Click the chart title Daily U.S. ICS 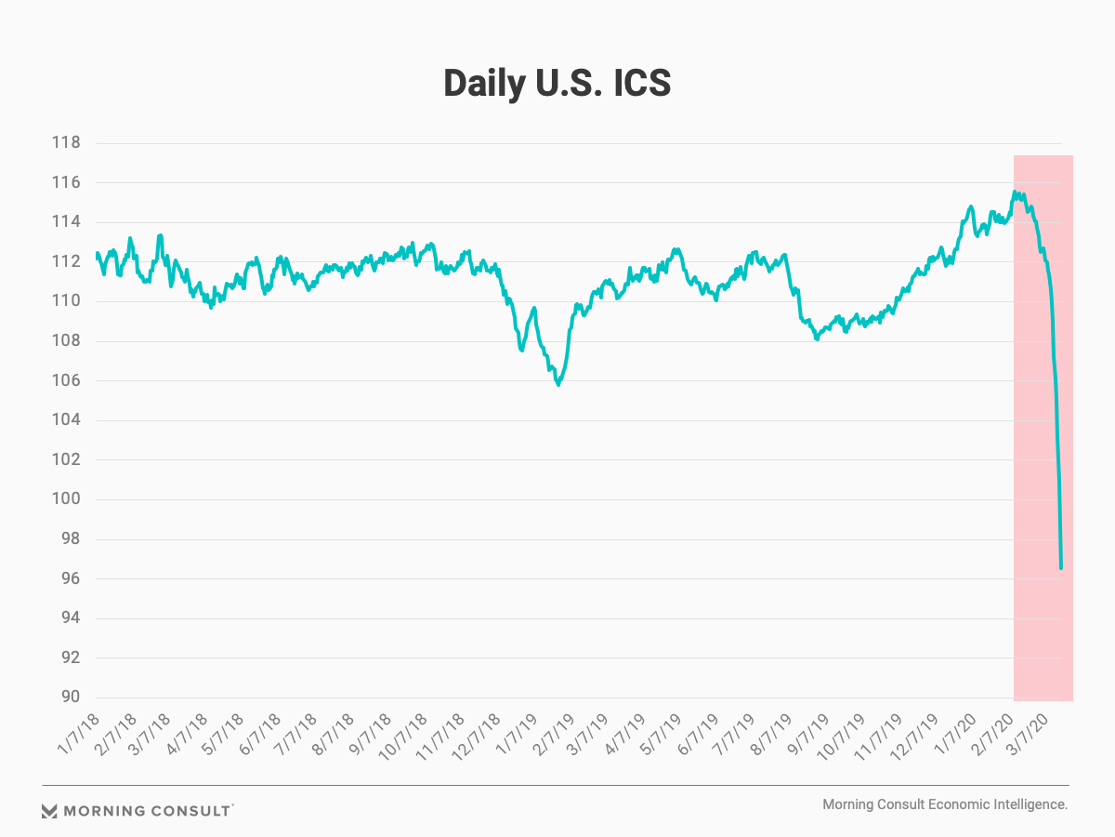557,84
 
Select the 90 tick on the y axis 72,697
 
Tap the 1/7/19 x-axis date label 524,734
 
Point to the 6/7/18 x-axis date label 262,734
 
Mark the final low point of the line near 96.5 1061,567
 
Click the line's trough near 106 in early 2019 557,384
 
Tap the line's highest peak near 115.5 1015,193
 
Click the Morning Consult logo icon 50,811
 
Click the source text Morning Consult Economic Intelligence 945,804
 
